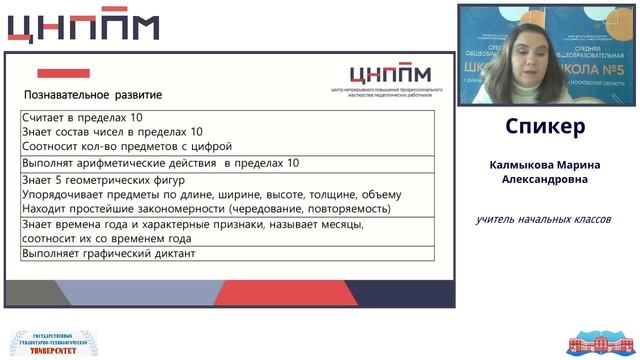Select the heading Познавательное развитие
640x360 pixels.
(93, 95)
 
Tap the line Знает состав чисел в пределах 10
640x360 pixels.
(112, 132)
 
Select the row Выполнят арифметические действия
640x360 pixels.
(160, 163)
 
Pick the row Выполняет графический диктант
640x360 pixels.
(108, 254)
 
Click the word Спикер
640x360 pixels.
(545, 127)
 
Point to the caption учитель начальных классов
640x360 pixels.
(543, 219)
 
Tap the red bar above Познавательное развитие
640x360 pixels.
(63, 73)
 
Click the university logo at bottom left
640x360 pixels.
(47, 343)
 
